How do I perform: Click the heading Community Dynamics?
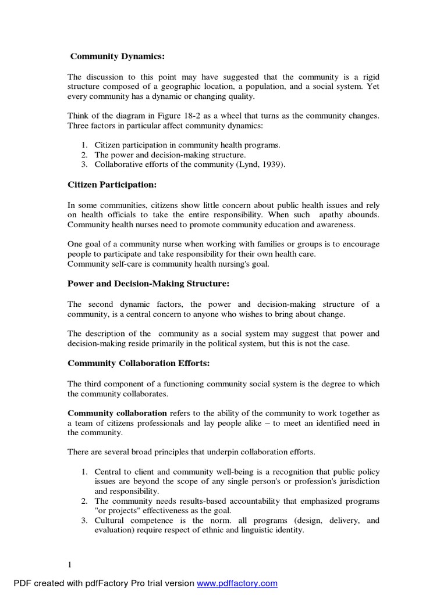pos(118,56)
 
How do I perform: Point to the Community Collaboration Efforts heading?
pos(139,363)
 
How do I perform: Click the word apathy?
pos(332,214)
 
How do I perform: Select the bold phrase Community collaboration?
pos(117,413)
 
